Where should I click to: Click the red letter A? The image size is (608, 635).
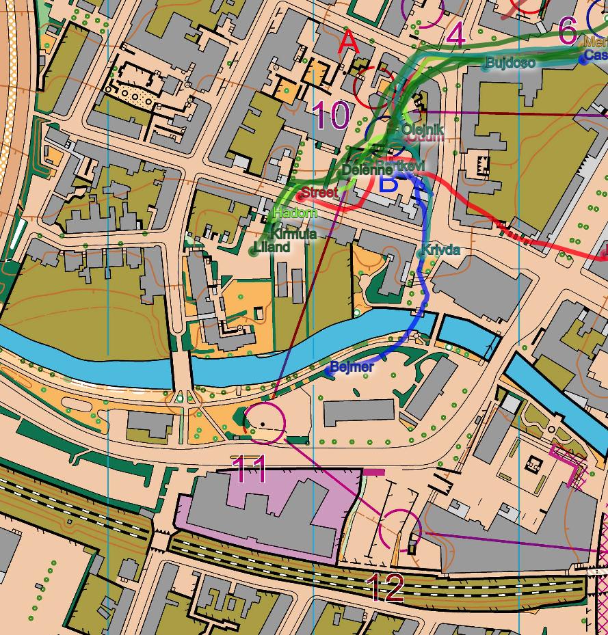tap(349, 42)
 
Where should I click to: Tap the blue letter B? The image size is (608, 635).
tap(388, 183)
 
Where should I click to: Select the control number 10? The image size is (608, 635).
tap(331, 116)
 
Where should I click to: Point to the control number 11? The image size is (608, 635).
tap(249, 470)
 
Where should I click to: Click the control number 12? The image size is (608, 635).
tap(386, 587)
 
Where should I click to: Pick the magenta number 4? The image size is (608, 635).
tap(455, 36)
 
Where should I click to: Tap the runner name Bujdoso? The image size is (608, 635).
tap(510, 63)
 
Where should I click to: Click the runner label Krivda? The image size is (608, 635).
tap(440, 250)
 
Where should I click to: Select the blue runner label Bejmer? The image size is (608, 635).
tap(352, 368)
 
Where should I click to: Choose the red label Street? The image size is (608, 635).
tap(319, 193)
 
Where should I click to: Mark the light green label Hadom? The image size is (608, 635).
tap(295, 213)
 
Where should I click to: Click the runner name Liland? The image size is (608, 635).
tap(272, 247)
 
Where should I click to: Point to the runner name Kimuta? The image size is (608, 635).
tap(293, 234)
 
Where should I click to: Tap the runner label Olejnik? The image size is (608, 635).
tap(423, 129)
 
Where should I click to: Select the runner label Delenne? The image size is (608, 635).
tap(367, 170)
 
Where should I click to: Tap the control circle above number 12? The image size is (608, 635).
tap(400, 530)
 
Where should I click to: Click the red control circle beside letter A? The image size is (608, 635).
tap(374, 87)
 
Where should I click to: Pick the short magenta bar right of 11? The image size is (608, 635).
tap(373, 472)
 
